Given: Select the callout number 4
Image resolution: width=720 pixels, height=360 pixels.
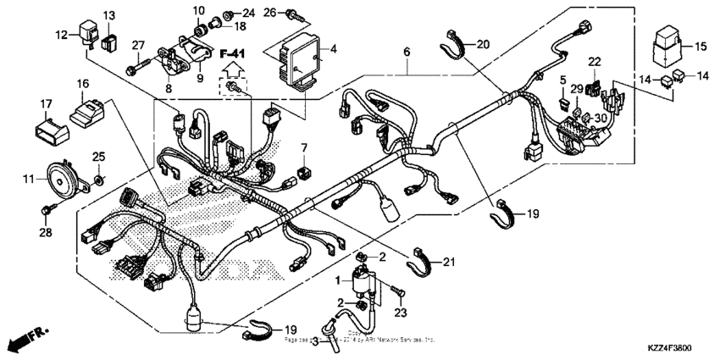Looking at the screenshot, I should pos(333,49).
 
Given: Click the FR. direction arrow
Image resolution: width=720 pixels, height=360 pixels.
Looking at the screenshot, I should pos(25,338).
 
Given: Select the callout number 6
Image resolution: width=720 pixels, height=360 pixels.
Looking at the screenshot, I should pos(407,53).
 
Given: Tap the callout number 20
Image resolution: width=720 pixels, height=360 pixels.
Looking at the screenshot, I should pos(482,44).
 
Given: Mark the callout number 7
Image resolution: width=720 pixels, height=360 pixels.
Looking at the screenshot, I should pos(303,149).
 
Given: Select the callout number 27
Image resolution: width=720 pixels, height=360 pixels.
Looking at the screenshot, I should pos(138,44).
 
